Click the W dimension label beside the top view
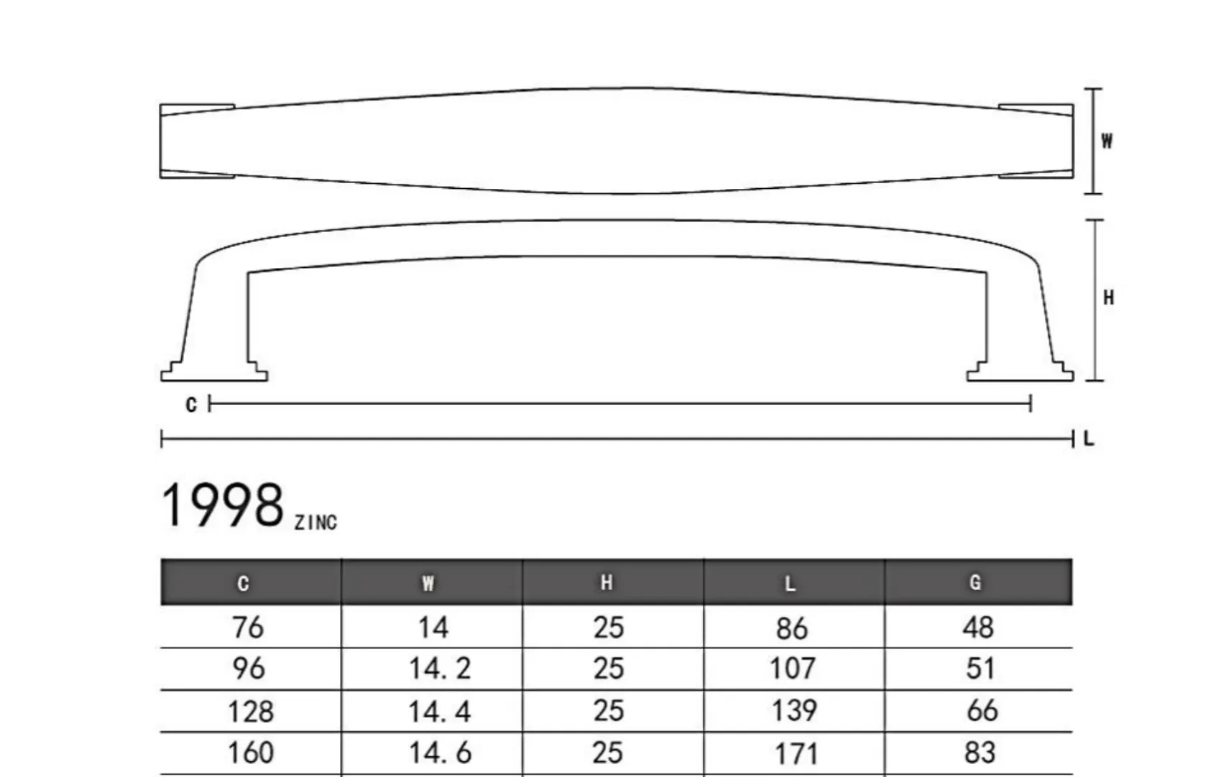1108,141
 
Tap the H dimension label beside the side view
1109,298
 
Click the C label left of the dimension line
191,405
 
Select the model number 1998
222,506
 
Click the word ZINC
316,523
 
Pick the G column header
975,582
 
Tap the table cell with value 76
248,628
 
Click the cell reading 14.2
440,669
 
